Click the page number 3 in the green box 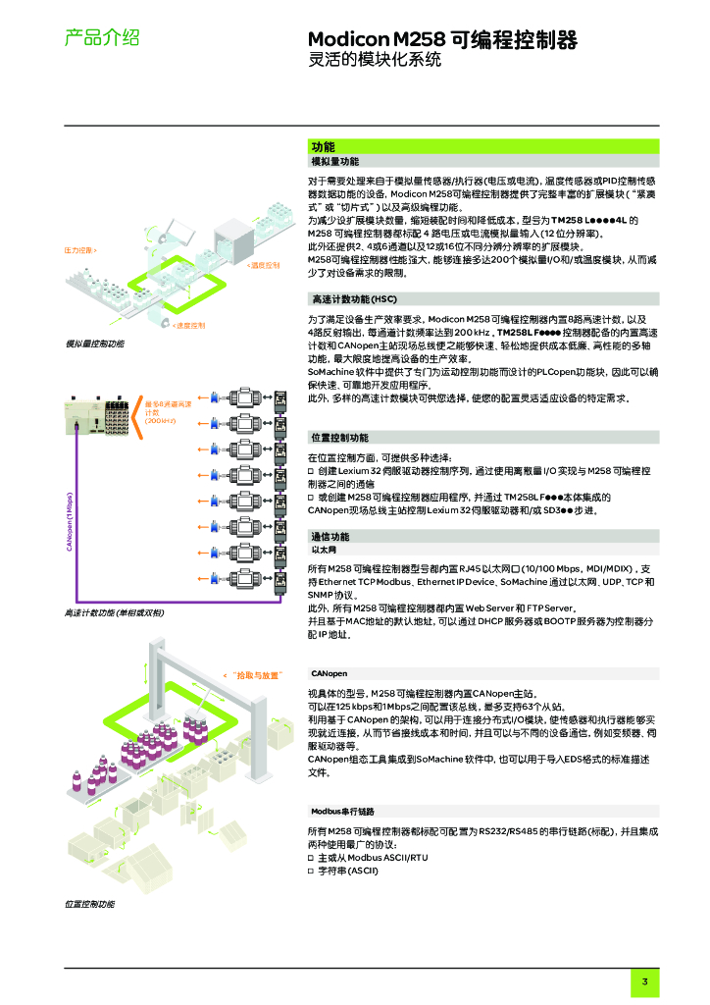click(x=644, y=982)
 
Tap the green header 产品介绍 click(x=101, y=38)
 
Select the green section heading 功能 click(x=323, y=146)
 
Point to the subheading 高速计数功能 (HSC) click(x=354, y=298)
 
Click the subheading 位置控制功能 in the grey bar click(x=339, y=437)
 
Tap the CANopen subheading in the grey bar click(x=330, y=674)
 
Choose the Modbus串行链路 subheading click(x=343, y=812)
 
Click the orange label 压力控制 click(x=80, y=250)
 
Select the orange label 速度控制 click(x=189, y=325)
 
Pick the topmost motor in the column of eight click(x=241, y=398)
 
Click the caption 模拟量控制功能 click(x=95, y=344)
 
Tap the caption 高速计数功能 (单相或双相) click(x=114, y=612)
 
